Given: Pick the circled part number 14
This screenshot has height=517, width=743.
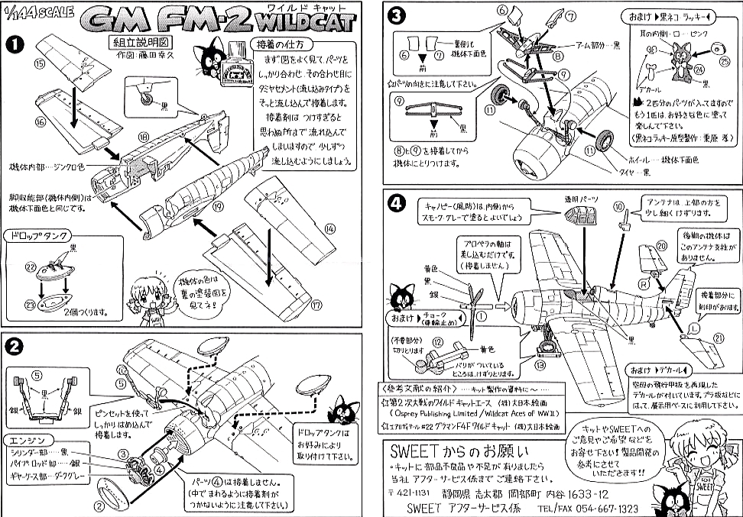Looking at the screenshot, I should (329, 228).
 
